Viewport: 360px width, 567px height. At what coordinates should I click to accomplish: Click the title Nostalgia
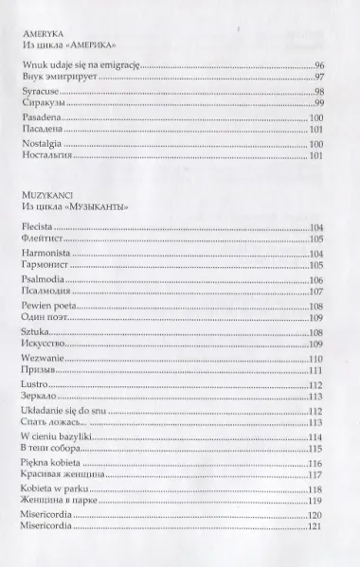click(41, 144)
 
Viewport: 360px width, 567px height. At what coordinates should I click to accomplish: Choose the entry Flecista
click(37, 229)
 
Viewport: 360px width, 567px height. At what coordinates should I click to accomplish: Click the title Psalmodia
click(43, 281)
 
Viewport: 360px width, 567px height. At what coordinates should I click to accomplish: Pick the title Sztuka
click(35, 334)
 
